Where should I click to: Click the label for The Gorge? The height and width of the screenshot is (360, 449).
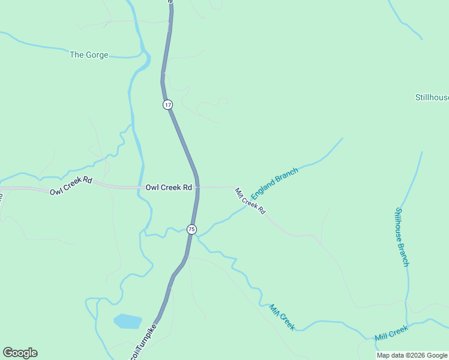coord(89,55)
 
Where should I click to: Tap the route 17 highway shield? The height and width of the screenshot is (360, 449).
coord(167,104)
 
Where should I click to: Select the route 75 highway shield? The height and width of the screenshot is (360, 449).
coord(191,229)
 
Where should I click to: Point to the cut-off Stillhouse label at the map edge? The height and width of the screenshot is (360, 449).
coord(432,97)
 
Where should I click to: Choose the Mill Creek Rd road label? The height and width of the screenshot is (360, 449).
coord(250,201)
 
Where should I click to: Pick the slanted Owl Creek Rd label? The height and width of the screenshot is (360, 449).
coord(71,186)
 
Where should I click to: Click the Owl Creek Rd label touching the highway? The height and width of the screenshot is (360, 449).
coord(169,187)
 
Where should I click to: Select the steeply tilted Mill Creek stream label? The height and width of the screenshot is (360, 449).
coord(282,317)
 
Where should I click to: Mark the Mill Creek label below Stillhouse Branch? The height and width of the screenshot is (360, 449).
coord(391,332)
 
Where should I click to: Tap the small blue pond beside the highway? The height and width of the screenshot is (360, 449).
coord(127,321)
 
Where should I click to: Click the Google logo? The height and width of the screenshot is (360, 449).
coord(20,353)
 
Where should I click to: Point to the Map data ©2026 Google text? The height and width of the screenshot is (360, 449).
coord(412,355)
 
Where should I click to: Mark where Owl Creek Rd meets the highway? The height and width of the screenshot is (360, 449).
coord(197,187)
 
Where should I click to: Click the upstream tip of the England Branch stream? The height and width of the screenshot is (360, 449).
coord(342,139)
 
